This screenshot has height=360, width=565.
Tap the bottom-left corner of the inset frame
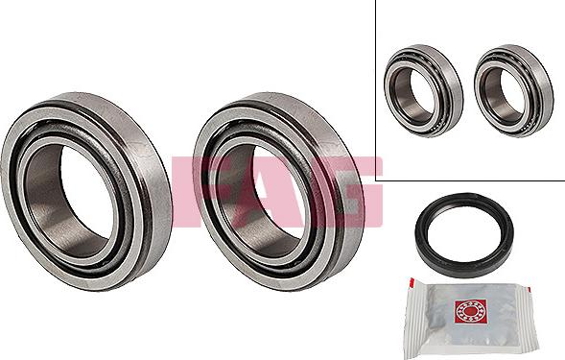(376, 180)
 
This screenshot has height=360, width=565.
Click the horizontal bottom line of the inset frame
(470, 180)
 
